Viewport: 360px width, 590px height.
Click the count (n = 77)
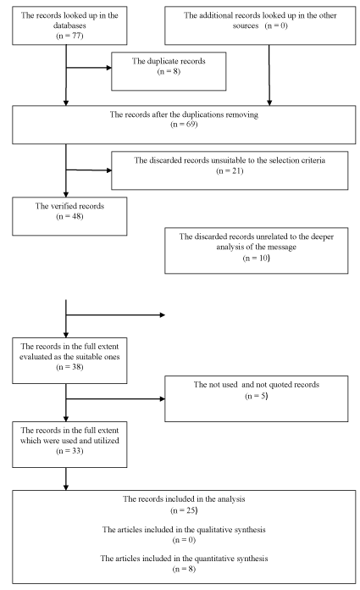69,36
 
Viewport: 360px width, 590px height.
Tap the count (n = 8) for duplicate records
169,71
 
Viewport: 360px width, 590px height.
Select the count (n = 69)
184,124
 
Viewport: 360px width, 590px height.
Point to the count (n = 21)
230,171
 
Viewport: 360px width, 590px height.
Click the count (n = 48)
69,216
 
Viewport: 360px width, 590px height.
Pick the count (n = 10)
256,258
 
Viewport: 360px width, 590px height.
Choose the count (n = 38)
69,367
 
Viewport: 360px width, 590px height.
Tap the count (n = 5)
256,396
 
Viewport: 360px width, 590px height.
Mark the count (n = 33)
69,451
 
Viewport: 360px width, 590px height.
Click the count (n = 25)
184,510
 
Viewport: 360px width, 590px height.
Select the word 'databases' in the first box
69,25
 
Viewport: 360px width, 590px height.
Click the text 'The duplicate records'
169,61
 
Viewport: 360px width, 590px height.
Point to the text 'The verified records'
69,206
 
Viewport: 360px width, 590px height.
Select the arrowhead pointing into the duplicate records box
109,68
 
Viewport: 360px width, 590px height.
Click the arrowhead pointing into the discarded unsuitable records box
109,170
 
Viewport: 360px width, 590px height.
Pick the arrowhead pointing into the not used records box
163,399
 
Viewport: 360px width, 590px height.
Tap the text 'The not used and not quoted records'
256,385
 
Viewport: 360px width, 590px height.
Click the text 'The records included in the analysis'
184,499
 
